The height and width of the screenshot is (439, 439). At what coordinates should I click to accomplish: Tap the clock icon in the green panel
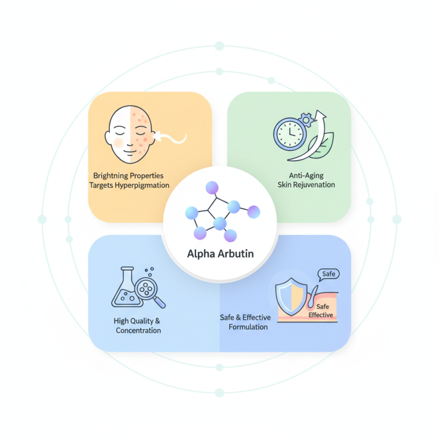[x=289, y=133]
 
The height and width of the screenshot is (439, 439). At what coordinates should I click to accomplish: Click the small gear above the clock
[x=306, y=117]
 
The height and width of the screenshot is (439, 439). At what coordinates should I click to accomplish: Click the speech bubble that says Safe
[x=329, y=274]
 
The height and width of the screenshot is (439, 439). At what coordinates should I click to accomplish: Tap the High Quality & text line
[x=137, y=320]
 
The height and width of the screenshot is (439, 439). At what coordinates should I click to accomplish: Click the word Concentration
[x=138, y=330]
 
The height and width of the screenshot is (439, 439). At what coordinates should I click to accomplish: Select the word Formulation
[x=248, y=327]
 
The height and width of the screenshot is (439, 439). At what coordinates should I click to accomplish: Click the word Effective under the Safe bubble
[x=321, y=315]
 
